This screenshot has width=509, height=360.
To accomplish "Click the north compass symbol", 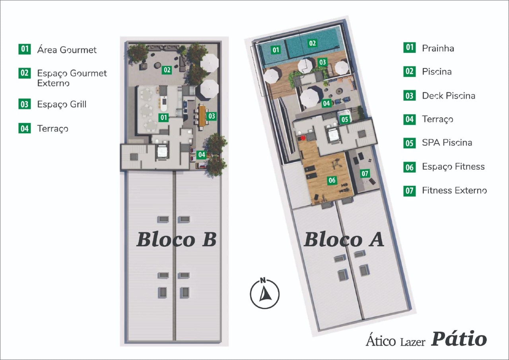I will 264,294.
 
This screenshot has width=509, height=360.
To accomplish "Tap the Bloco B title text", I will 176,239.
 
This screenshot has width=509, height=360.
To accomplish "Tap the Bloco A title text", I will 344,239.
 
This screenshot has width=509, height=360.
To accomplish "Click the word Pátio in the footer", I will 459,339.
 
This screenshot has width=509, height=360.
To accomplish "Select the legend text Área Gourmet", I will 67,50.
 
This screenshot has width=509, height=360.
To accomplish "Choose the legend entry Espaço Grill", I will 62,104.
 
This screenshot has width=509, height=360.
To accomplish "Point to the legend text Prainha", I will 438,48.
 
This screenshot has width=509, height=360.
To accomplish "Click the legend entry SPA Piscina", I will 447,142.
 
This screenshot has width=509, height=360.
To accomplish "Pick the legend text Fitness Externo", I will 454,190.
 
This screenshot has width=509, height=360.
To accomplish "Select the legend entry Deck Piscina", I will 448,95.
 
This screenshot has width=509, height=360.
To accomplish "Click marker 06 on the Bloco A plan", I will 332,181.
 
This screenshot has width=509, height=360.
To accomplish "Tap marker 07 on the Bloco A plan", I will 365,173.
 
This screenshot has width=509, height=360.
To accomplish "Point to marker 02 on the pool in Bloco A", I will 313,43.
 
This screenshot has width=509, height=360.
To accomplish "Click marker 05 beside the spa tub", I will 344,119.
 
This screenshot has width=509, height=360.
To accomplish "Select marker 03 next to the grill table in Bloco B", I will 212,116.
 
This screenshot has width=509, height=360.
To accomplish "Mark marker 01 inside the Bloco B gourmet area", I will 163,117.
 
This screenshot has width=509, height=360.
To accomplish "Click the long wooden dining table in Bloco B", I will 202,115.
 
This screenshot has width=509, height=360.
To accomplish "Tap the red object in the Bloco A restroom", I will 303,138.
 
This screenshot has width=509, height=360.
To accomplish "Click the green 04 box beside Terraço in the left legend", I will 25,128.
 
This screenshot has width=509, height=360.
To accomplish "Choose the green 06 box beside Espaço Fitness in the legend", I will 409,167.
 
